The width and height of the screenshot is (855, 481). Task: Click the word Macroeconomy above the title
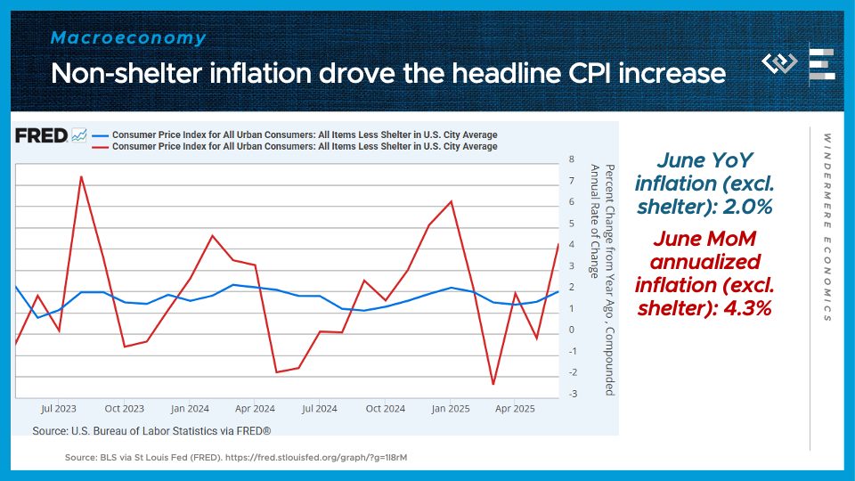(x=128, y=38)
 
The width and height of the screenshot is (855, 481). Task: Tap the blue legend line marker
(x=99, y=135)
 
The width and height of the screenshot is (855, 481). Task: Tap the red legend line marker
(x=99, y=146)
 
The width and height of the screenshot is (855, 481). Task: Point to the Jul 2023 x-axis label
(x=59, y=409)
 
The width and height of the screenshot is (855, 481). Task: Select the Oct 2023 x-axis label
(x=124, y=409)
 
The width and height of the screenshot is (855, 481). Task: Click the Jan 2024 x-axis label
(x=190, y=409)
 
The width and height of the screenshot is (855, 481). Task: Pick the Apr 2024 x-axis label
(x=255, y=409)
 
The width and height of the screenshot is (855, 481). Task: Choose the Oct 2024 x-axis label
(x=385, y=409)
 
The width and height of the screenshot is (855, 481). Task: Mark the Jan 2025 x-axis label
(x=451, y=409)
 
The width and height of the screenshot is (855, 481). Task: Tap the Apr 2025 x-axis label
(x=515, y=409)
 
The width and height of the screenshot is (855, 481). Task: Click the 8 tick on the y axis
(x=571, y=159)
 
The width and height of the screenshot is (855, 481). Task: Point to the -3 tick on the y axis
(x=571, y=394)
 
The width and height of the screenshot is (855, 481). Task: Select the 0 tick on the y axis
(x=571, y=330)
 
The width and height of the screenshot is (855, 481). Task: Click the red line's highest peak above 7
(x=81, y=176)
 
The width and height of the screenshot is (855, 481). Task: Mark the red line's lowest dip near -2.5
(x=493, y=385)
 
